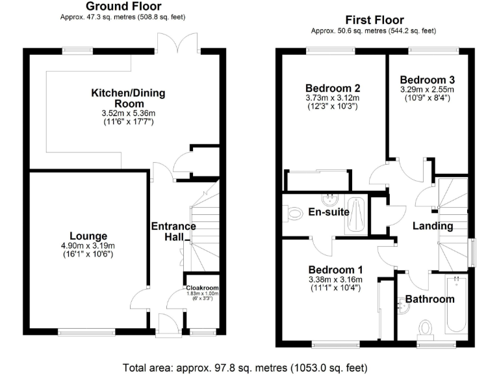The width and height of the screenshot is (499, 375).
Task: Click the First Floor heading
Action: point(374,20)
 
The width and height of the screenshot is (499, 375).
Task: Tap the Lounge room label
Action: point(88,236)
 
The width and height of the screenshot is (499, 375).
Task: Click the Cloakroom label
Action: point(203,287)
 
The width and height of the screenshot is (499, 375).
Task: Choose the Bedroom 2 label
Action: point(333,89)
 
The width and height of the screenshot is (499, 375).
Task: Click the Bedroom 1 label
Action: point(335,270)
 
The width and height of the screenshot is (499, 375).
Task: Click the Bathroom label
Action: point(429,299)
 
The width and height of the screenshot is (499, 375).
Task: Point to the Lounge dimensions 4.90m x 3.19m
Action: point(88,245)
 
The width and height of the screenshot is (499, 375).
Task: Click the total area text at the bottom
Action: point(249,367)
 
